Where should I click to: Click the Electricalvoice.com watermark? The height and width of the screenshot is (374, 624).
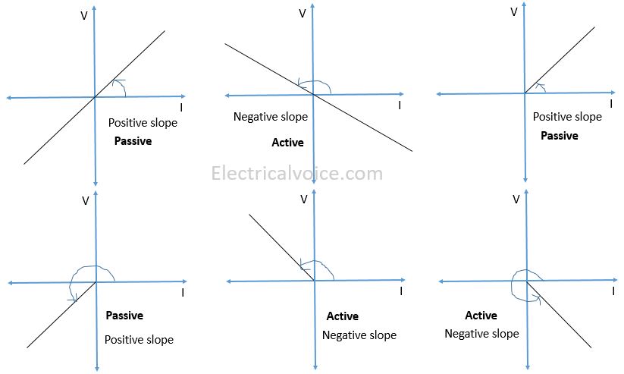(296, 174)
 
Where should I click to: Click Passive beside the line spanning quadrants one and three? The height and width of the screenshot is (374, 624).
(133, 141)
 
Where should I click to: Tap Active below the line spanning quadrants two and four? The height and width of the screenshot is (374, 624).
(287, 143)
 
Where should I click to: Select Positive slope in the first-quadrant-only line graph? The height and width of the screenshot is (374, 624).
(567, 117)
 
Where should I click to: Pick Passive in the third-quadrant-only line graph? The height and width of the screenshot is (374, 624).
(124, 316)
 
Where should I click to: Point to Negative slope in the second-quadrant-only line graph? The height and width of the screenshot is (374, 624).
(359, 335)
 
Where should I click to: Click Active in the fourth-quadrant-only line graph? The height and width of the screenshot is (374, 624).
(481, 316)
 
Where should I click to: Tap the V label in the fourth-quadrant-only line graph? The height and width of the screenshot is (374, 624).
(516, 200)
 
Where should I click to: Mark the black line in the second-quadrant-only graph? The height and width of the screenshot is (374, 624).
(281, 247)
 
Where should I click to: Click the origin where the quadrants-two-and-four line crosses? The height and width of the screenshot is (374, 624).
(312, 94)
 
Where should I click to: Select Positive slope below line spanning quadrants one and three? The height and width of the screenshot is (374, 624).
(143, 122)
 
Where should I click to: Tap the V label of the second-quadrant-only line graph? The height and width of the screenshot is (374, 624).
(303, 200)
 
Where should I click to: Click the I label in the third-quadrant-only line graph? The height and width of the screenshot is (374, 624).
(183, 292)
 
